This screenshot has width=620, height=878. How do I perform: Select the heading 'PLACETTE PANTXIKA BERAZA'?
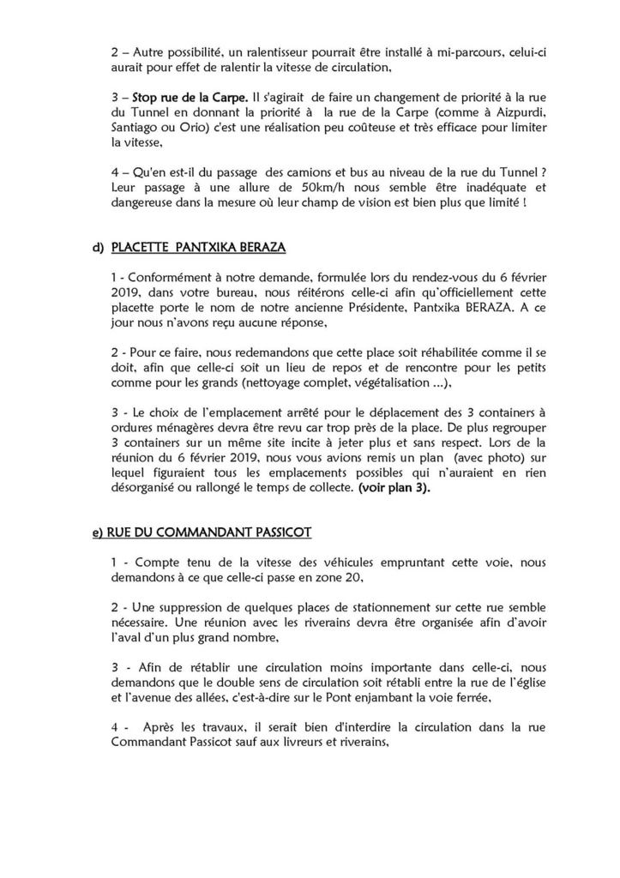[200, 249]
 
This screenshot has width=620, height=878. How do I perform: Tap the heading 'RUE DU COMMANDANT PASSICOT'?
[208, 532]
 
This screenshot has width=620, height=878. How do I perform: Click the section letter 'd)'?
[97, 249]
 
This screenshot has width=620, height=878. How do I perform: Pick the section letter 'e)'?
[97, 532]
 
